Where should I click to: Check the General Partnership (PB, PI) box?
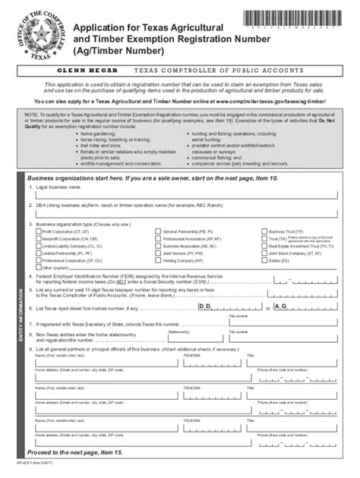coord(158,231)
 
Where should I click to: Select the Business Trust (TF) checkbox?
coord(264,231)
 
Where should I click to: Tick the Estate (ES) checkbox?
coord(264,260)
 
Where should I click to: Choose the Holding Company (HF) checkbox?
coord(158,260)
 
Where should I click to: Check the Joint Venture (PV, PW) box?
coord(158,253)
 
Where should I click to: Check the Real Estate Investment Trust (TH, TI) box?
coord(264,246)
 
